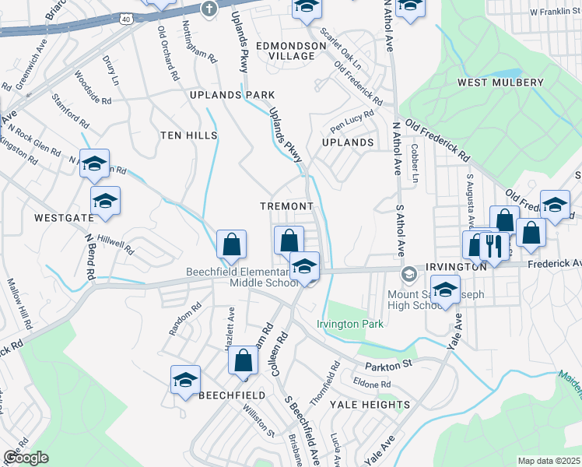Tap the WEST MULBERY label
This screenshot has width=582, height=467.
[x=500, y=83]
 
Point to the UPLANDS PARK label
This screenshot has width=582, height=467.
[x=222, y=95]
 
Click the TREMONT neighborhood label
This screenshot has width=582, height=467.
[x=287, y=205]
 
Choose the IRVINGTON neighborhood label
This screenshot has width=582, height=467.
[x=457, y=267]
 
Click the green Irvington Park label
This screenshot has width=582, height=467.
[x=350, y=324]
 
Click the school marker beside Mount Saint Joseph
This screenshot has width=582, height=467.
[x=446, y=290]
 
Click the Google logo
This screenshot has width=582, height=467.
[x=26, y=457]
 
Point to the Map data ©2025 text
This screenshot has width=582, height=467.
[x=548, y=461]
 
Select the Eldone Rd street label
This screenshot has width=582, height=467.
[x=371, y=384]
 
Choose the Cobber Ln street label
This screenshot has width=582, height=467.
[x=415, y=163]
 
